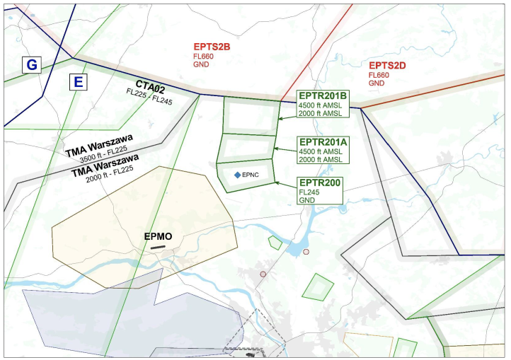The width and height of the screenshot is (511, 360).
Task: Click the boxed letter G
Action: pyautogui.click(x=31, y=65)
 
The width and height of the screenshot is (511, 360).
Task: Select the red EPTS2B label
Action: pyautogui.click(x=212, y=47)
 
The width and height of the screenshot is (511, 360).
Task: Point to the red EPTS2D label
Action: pyautogui.click(x=387, y=65)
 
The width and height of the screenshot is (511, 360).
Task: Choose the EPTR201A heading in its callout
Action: pyautogui.click(x=323, y=141)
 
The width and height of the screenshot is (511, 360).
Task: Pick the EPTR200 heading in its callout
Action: pyautogui.click(x=319, y=183)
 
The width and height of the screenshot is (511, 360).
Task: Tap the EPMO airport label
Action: pyautogui.click(x=158, y=236)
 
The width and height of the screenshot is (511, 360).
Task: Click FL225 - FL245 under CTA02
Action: pyautogui.click(x=149, y=93)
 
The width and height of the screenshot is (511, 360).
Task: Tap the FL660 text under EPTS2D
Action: pyautogui.click(x=379, y=75)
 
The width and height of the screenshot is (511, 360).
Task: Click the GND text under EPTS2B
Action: pyautogui.click(x=201, y=64)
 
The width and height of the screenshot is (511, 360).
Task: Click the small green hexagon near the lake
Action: pyautogui.click(x=275, y=243)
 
